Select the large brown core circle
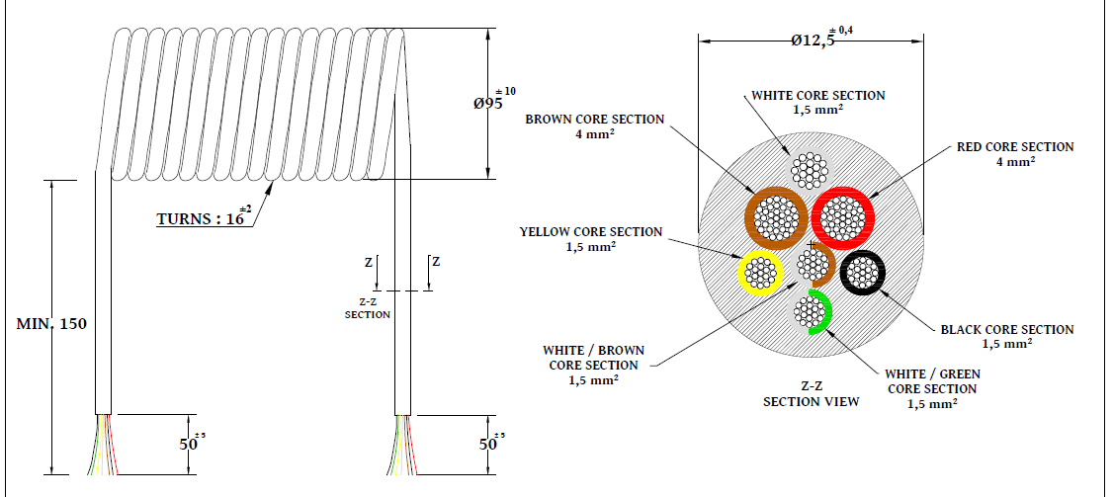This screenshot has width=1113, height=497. click(x=776, y=218)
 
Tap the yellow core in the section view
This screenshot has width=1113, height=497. click(x=759, y=272)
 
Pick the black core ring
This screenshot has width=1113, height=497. click(x=863, y=272)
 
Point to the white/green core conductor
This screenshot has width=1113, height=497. click(x=811, y=312)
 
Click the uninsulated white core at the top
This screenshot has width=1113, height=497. click(x=811, y=170)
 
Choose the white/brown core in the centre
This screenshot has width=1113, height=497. click(x=813, y=265)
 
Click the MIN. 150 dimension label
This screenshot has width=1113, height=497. click(x=54, y=323)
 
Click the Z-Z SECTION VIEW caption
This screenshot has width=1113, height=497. click(x=810, y=394)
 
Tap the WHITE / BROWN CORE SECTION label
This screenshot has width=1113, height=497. click(x=592, y=365)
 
